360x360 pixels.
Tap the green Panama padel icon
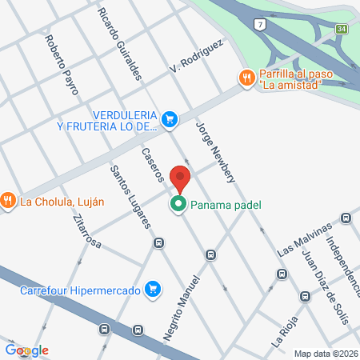[x=178, y=205]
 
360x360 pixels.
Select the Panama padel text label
[x=226, y=206]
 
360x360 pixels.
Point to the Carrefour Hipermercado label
[x=80, y=290]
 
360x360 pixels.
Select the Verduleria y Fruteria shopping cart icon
[x=169, y=120]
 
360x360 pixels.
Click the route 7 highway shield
[x=260, y=25]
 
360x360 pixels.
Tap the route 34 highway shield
[x=342, y=30]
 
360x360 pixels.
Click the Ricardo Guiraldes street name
[x=119, y=44]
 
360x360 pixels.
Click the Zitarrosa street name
[x=86, y=232]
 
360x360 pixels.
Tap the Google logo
[x=26, y=350]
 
